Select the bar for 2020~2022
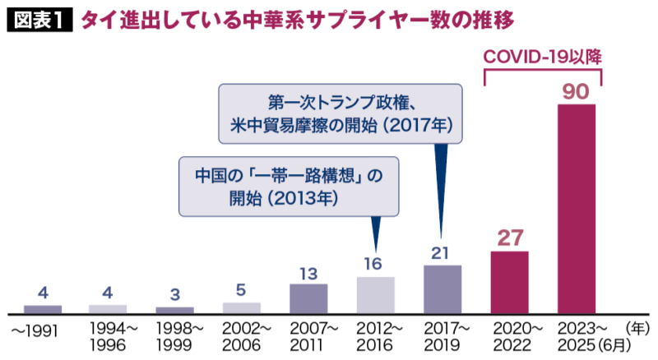509,282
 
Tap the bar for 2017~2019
443,288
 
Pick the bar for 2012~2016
376,295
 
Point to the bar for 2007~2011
309,298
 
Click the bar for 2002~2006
242,308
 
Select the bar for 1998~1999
175,310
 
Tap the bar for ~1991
43,309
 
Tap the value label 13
309,271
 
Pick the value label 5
242,289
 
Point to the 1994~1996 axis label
109,336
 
